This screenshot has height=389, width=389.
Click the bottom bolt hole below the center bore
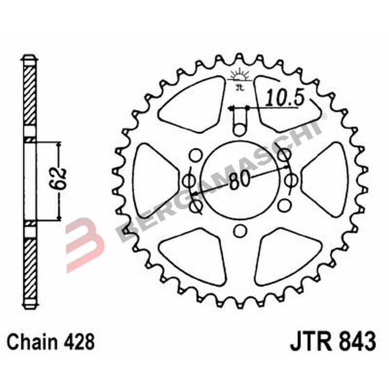pos(239,231)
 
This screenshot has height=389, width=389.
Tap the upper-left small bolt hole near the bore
pos(196,156)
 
